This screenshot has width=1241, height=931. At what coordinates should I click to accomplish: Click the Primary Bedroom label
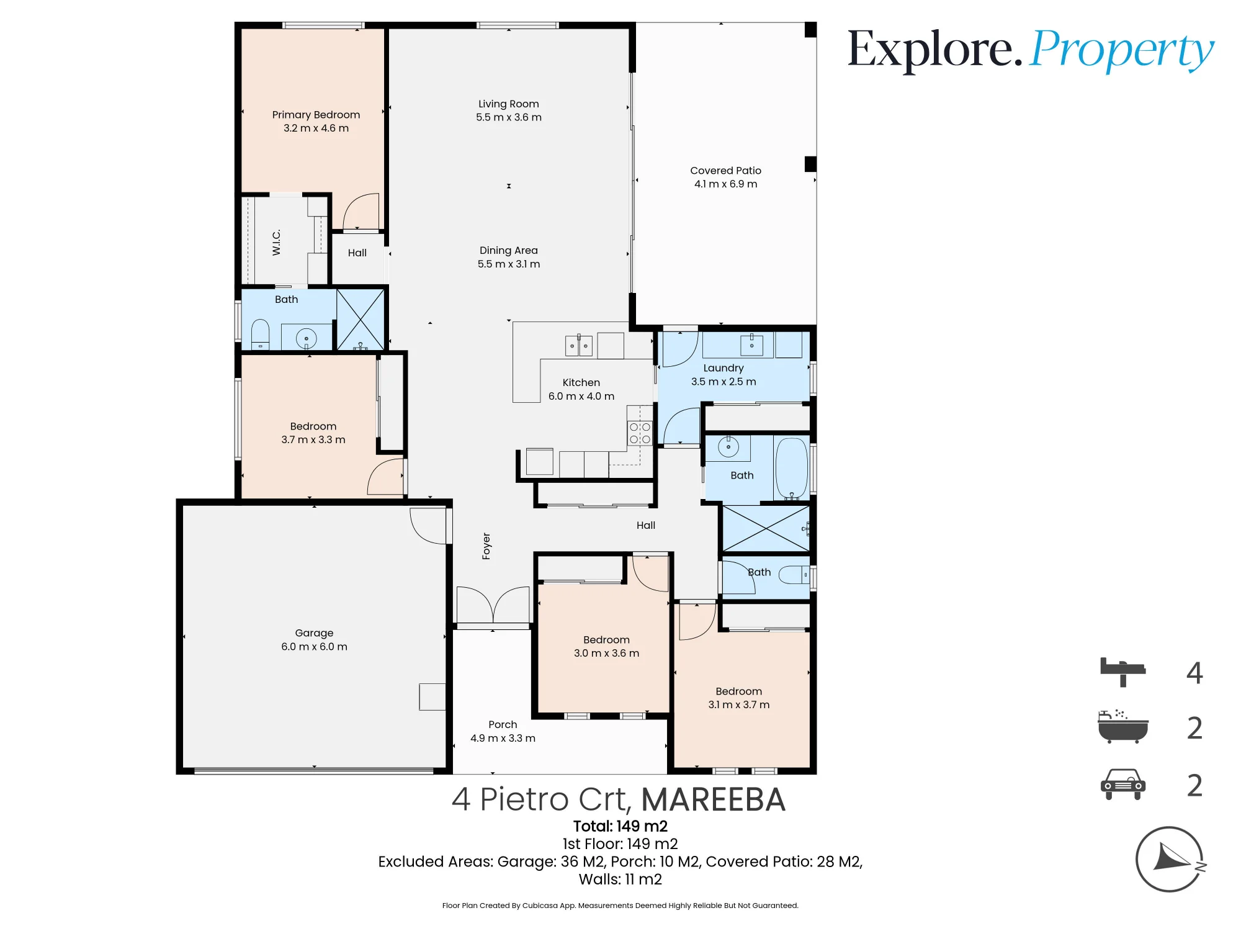(x=316, y=115)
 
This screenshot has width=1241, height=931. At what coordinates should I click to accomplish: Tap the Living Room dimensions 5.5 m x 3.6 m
(x=509, y=117)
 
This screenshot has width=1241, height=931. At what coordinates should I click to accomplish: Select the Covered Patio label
(x=725, y=171)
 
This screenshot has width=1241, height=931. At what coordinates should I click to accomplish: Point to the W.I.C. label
(x=277, y=242)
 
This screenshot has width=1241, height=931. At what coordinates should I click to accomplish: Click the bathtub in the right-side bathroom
(x=792, y=469)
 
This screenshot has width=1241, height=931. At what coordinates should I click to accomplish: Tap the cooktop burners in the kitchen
(x=640, y=433)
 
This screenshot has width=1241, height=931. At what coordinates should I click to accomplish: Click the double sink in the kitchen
(x=579, y=345)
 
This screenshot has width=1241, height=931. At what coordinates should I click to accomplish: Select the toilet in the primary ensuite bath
(x=260, y=335)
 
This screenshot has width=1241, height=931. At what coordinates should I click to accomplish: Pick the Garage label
(x=314, y=633)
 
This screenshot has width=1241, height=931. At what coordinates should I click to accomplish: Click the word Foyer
(x=486, y=546)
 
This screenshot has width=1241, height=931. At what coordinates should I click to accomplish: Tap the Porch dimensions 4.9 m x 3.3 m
(x=503, y=738)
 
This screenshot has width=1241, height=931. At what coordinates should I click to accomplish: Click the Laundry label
(x=724, y=368)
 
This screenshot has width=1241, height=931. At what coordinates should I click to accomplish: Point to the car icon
(x=1123, y=785)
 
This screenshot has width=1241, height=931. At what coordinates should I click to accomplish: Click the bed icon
(x=1122, y=672)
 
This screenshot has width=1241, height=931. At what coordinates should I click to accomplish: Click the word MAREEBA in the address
(x=714, y=799)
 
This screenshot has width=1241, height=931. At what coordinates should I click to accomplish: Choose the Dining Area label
(x=509, y=250)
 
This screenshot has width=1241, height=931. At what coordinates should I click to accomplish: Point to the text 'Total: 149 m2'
(x=620, y=826)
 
